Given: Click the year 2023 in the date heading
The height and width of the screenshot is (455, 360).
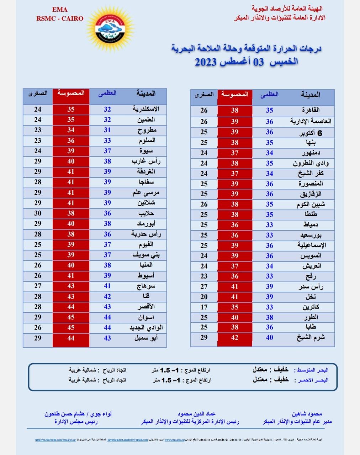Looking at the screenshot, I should pyautogui.click(x=206, y=62).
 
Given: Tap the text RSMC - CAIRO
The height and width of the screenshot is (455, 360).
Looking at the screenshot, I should pyautogui.click(x=60, y=18).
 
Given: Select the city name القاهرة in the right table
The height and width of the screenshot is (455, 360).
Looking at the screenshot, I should pyautogui.click(x=311, y=110).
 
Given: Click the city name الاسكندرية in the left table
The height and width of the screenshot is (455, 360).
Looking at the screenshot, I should pyautogui.click(x=146, y=109).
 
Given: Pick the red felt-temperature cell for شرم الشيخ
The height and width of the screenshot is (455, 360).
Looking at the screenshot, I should pyautogui.click(x=234, y=338).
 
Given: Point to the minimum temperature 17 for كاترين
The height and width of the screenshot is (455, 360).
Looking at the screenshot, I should pyautogui.click(x=204, y=307).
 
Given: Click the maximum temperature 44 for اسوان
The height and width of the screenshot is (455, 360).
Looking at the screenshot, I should pyautogui.click(x=107, y=317).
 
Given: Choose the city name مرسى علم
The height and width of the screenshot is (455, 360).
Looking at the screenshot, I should pyautogui.click(x=146, y=193).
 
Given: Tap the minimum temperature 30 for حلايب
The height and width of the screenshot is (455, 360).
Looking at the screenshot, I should pyautogui.click(x=38, y=213).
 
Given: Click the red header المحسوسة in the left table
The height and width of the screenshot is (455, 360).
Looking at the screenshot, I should pyautogui.click(x=71, y=93).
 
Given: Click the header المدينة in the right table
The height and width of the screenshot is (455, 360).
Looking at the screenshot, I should pyautogui.click(x=310, y=95).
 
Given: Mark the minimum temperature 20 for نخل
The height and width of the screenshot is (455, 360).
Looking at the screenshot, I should pyautogui.click(x=204, y=296).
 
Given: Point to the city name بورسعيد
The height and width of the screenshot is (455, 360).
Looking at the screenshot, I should pyautogui.click(x=311, y=235).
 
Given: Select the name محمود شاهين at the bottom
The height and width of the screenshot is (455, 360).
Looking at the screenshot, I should pyautogui.click(x=307, y=414).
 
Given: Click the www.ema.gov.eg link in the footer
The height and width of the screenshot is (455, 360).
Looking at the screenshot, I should pyautogui.click(x=174, y=440).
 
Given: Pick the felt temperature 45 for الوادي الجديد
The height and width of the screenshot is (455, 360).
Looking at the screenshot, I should pyautogui.click(x=71, y=327).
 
